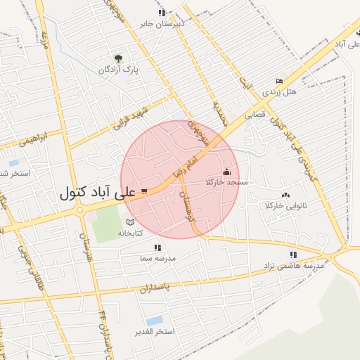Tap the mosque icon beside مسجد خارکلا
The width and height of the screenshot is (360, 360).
226,172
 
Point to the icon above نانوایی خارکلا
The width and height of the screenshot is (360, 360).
285,195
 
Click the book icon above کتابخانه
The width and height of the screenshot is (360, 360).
129,222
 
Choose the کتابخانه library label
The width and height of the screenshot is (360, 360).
129,232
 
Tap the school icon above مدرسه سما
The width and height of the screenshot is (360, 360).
157,247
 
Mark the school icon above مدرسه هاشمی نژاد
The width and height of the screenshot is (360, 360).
292,255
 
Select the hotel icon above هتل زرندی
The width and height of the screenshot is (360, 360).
280,81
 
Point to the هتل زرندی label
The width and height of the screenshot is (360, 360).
280,91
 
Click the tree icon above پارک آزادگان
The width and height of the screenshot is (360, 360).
117,59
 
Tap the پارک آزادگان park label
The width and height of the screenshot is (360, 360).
117,70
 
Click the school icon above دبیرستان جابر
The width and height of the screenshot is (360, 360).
162,13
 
